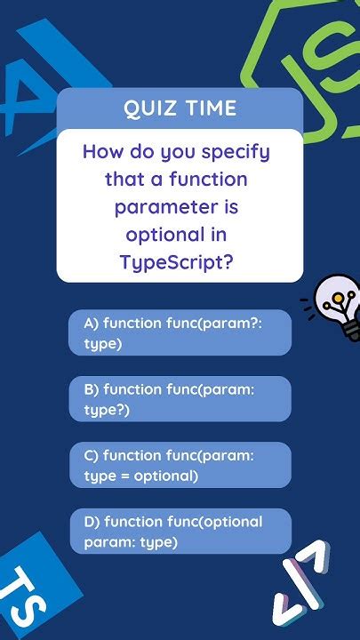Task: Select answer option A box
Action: [x=180, y=332]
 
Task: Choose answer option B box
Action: [x=180, y=398]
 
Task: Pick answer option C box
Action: [x=180, y=465]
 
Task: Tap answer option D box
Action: [x=180, y=531]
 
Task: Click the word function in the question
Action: [x=212, y=180]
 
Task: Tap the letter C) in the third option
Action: [x=92, y=456]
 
